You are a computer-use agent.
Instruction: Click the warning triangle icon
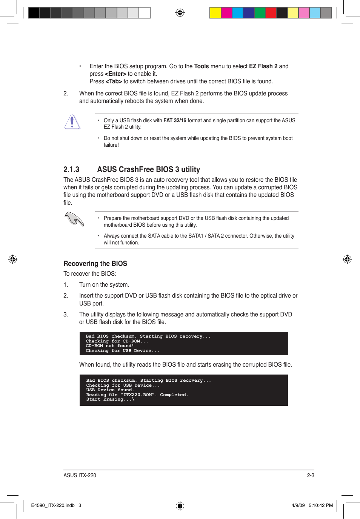(x=72, y=122)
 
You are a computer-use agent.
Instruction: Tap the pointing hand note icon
(x=74, y=219)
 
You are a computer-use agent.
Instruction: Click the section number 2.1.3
(x=71, y=169)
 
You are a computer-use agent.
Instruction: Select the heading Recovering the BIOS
(x=95, y=264)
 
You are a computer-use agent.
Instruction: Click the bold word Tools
(x=201, y=66)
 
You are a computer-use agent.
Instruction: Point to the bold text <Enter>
(x=115, y=74)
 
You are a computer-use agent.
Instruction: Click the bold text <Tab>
(x=114, y=81)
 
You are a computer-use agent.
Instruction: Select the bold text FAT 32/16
(x=175, y=120)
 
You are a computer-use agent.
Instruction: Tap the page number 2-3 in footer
(x=310, y=475)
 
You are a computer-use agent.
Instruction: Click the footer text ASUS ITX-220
(x=80, y=475)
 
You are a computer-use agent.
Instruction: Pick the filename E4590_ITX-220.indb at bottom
(x=53, y=505)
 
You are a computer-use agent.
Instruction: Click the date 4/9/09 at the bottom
(x=298, y=505)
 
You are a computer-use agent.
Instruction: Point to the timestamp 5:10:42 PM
(x=321, y=505)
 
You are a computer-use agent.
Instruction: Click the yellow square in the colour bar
(x=215, y=13)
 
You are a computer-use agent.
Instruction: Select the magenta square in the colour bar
(x=226, y=13)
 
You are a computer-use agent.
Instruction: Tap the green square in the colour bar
(x=260, y=13)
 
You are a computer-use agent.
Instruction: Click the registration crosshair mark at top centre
(x=180, y=13)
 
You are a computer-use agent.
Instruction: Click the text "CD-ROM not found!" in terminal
(x=109, y=346)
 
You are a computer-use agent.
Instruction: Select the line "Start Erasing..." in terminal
(x=110, y=399)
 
